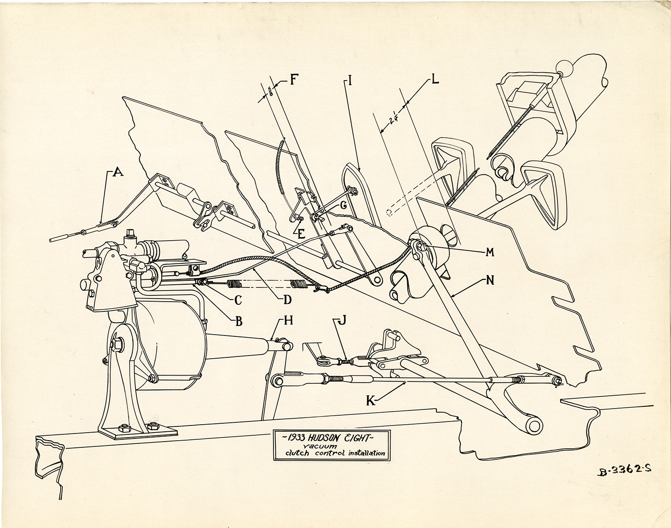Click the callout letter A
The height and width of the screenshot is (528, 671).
118,172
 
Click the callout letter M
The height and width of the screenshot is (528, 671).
490,252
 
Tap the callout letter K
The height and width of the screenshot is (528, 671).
370,401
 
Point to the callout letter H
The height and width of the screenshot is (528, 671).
288,321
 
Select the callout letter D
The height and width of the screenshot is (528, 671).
287,299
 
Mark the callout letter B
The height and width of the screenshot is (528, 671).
238,321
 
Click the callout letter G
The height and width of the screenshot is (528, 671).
343,206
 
